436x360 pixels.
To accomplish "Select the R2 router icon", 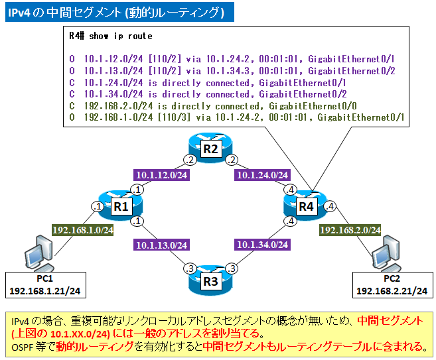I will [x=210, y=148].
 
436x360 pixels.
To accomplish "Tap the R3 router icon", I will [x=210, y=280].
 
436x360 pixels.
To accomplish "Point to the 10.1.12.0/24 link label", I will [x=161, y=175].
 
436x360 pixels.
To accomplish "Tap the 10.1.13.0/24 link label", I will [x=161, y=245].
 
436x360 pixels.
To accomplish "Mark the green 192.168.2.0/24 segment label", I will [x=350, y=230].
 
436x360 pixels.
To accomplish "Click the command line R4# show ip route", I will [x=111, y=36].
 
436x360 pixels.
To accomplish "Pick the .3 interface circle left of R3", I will [x=188, y=268].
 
